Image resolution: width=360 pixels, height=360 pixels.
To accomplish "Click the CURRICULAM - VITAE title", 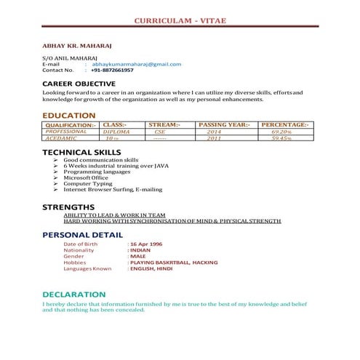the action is tap(180, 20).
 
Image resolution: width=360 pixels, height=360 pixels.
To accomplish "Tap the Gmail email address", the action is tap(137, 64).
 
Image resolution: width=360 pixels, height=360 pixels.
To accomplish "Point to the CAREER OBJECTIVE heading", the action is tap(77, 84).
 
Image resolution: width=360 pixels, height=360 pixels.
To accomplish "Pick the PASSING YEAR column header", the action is tap(223, 125).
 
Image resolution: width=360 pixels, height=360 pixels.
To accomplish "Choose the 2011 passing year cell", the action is tap(214, 137).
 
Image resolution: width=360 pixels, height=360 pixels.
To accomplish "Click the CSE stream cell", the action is tap(160, 132).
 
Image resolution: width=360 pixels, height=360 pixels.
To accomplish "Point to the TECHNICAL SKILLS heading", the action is tap(81, 152).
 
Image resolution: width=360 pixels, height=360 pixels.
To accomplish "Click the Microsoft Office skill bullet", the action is tap(86, 177).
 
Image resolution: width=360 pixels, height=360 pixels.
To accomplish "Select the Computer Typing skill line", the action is tap(88, 183).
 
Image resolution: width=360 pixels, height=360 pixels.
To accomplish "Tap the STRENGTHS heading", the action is tap(68, 207).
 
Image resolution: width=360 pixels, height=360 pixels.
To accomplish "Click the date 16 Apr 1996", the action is tap(145, 244).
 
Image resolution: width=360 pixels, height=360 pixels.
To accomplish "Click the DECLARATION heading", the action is tap(73, 294).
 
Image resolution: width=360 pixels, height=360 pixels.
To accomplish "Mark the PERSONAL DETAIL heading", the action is tap(82, 235).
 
